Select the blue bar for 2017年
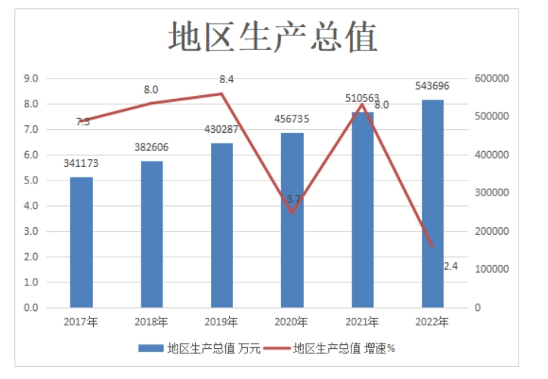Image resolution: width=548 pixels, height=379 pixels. pyautogui.click(x=81, y=242)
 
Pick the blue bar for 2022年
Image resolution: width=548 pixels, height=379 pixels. pyautogui.click(x=432, y=204)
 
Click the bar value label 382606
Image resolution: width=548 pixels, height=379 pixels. pyautogui.click(x=151, y=146)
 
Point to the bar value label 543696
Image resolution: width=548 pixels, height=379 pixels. pyautogui.click(x=433, y=85)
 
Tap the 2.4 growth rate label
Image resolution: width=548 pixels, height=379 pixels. pyautogui.click(x=450, y=265)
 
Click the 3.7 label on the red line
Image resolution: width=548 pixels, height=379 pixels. pyautogui.click(x=293, y=199)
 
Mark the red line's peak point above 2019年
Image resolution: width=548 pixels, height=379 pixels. pyautogui.click(x=221, y=94)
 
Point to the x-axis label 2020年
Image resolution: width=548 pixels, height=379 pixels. pyautogui.click(x=292, y=322)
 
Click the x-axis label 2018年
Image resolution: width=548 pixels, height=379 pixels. pyautogui.click(x=151, y=322)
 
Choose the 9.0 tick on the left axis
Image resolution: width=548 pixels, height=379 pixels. pyautogui.click(x=31, y=79)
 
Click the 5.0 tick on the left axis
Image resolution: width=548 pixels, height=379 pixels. pyautogui.click(x=31, y=180)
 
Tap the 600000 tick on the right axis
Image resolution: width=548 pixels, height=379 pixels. pyautogui.click(x=492, y=79)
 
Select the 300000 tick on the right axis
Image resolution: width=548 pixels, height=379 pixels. pyautogui.click(x=492, y=193)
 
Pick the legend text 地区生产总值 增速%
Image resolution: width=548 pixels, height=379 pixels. pyautogui.click(x=345, y=349)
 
